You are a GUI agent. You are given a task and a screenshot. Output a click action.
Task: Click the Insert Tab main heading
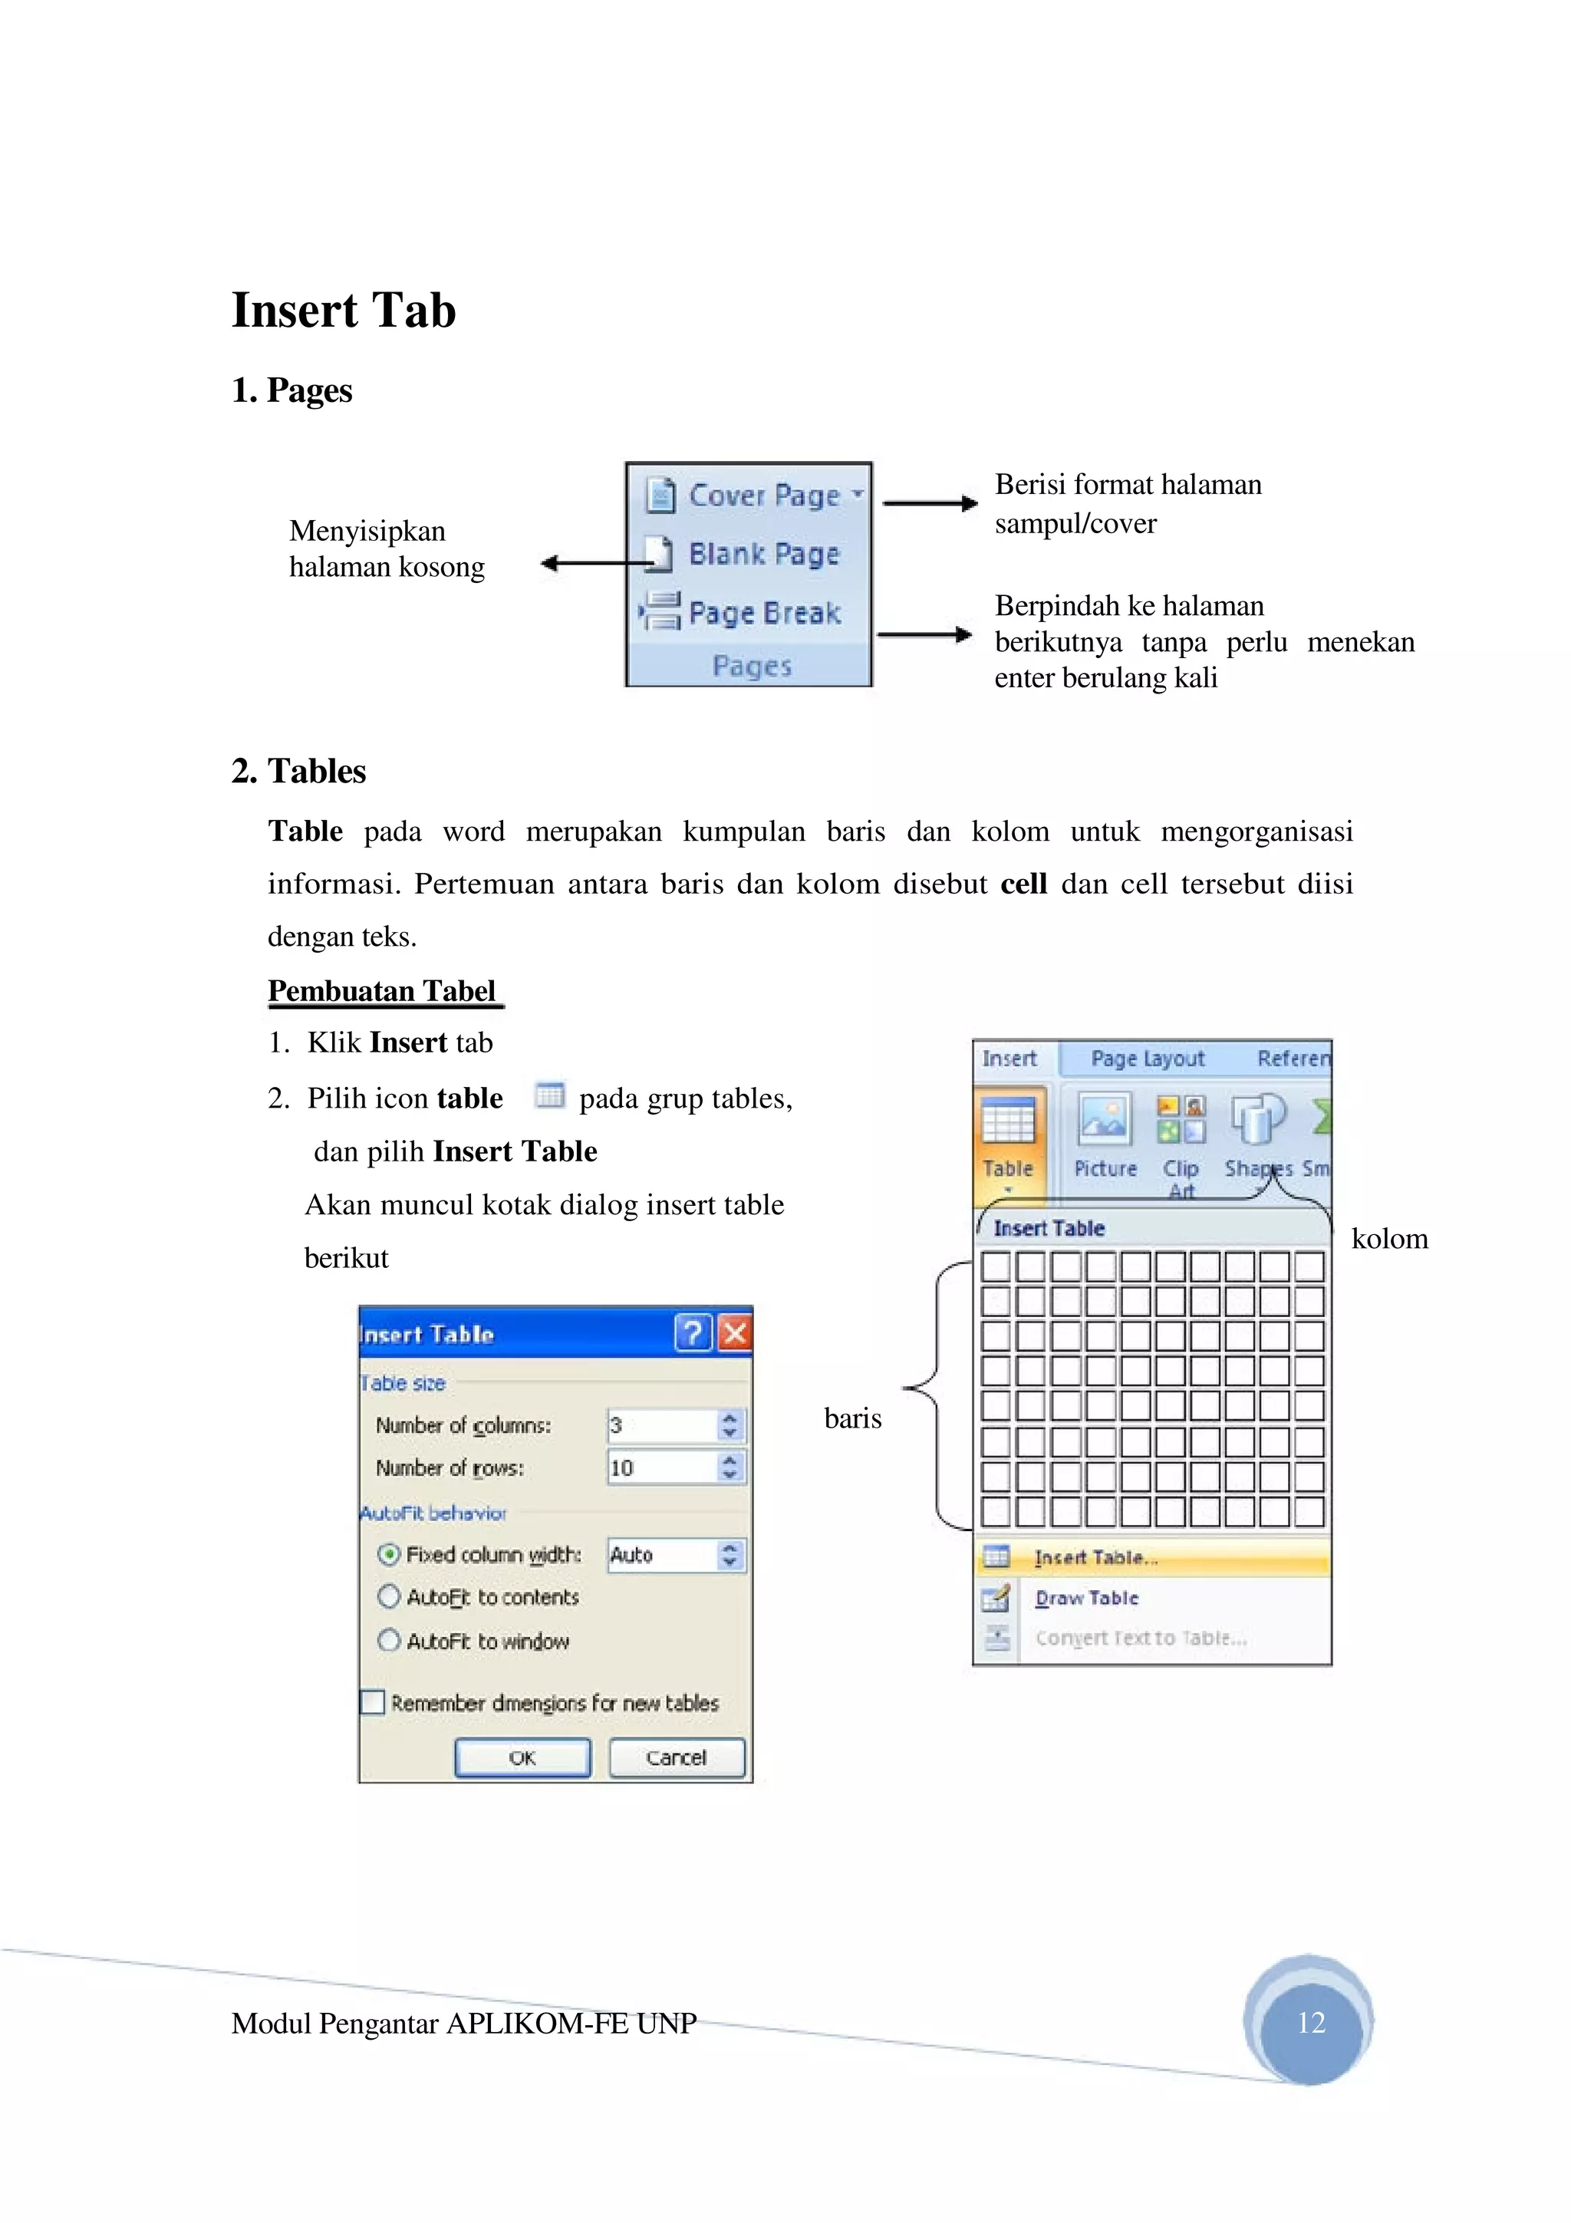(343, 311)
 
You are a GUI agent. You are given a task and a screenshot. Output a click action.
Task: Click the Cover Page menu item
(754, 495)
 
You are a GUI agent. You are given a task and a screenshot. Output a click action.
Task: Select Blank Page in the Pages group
(753, 554)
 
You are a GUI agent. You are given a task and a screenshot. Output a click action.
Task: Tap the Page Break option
(753, 613)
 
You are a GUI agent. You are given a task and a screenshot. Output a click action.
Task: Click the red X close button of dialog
(735, 1333)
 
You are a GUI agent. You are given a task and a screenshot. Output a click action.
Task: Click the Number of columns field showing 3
(662, 1425)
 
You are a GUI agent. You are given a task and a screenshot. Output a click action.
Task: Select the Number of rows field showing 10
(662, 1467)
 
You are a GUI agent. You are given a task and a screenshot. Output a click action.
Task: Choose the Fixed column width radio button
(388, 1554)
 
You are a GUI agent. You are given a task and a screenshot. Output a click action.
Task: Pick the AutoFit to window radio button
(388, 1640)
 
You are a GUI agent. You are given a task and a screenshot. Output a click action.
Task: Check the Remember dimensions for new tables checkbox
(373, 1702)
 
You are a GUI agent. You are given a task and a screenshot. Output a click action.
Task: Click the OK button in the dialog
(522, 1757)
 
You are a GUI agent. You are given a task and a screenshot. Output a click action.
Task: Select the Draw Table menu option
(1086, 1598)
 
